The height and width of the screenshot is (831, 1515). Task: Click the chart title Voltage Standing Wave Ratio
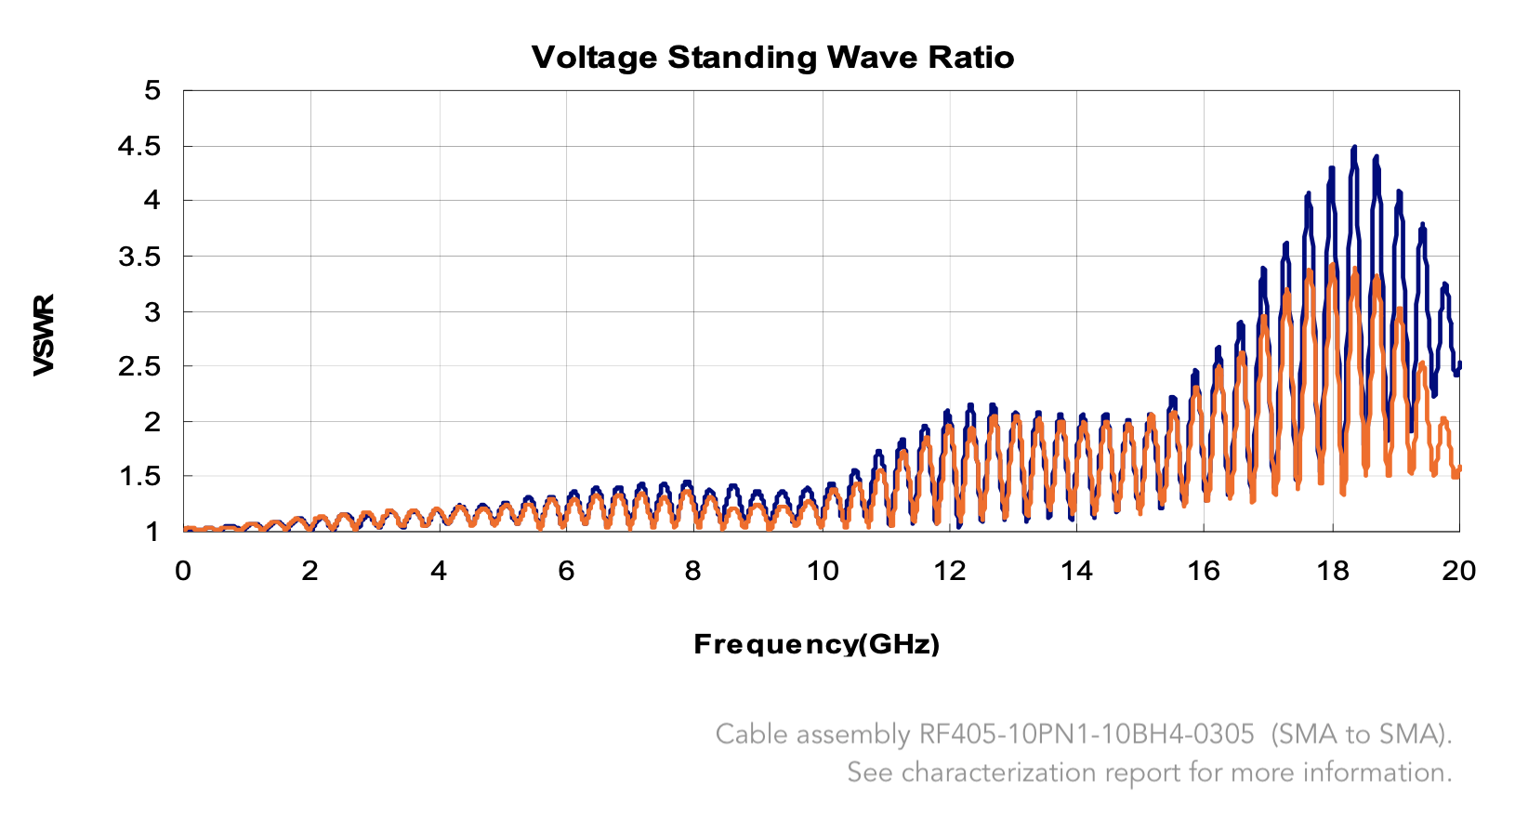point(772,58)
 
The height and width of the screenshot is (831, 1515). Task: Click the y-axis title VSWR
point(44,335)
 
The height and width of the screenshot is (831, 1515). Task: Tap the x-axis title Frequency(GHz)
point(816,644)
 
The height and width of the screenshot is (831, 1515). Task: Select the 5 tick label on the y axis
point(152,91)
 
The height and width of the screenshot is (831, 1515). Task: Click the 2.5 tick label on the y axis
point(139,366)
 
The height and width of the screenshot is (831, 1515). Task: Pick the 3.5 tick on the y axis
point(139,257)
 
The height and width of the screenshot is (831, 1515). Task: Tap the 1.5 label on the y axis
point(139,477)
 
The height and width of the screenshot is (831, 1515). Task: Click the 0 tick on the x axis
point(183,570)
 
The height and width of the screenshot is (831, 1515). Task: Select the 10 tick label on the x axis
point(822,570)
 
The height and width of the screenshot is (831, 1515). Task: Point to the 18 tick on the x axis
point(1332,570)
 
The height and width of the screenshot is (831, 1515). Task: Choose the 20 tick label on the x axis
point(1458,570)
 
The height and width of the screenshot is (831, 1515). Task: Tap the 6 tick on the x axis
point(566,570)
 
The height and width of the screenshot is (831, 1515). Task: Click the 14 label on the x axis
point(1076,570)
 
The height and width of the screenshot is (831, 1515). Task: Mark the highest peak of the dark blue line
point(1354,148)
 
